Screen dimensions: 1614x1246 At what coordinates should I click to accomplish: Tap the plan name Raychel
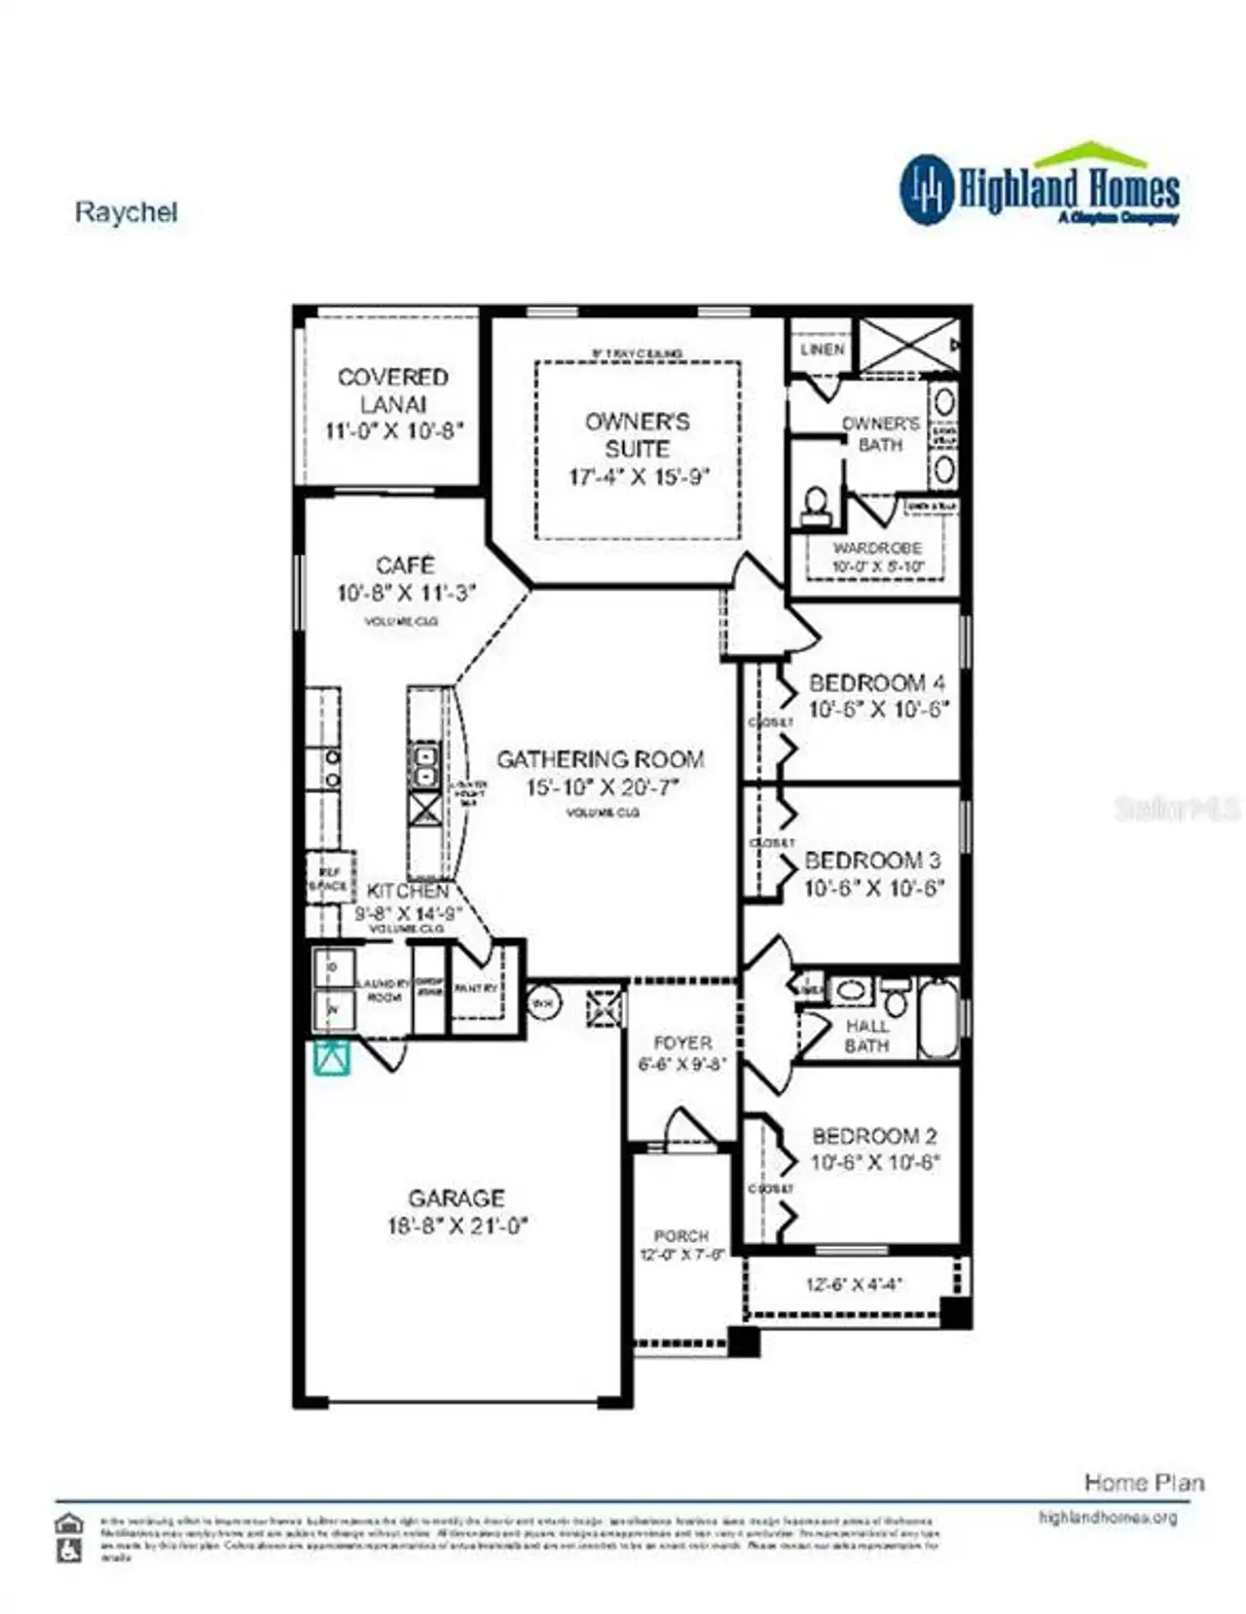[126, 212]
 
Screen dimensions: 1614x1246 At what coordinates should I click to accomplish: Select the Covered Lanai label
[393, 389]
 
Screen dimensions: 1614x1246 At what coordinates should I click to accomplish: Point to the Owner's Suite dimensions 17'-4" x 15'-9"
[639, 477]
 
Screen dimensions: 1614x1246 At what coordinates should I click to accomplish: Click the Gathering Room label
[601, 759]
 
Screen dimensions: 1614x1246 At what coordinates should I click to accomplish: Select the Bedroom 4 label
[876, 682]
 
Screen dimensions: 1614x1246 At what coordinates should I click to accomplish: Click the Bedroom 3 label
[872, 861]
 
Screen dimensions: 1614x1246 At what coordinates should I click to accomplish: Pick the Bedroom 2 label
[874, 1136]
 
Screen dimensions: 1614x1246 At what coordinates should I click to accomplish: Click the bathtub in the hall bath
[938, 1019]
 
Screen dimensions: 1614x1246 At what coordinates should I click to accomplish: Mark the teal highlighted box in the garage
[331, 1057]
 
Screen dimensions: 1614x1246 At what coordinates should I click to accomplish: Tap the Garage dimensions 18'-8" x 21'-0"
[458, 1226]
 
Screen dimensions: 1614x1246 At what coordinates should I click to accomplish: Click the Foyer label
[682, 1043]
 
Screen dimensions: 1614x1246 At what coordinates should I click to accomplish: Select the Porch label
[680, 1235]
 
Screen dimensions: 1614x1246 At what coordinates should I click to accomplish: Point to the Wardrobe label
[877, 549]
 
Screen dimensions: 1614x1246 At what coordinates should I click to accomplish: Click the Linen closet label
[822, 348]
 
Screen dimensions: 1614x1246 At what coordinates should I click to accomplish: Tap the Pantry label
[476, 988]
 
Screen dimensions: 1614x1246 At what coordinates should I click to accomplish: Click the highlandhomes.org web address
[1107, 1517]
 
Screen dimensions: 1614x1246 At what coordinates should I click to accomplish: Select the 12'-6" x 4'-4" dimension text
[854, 1284]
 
